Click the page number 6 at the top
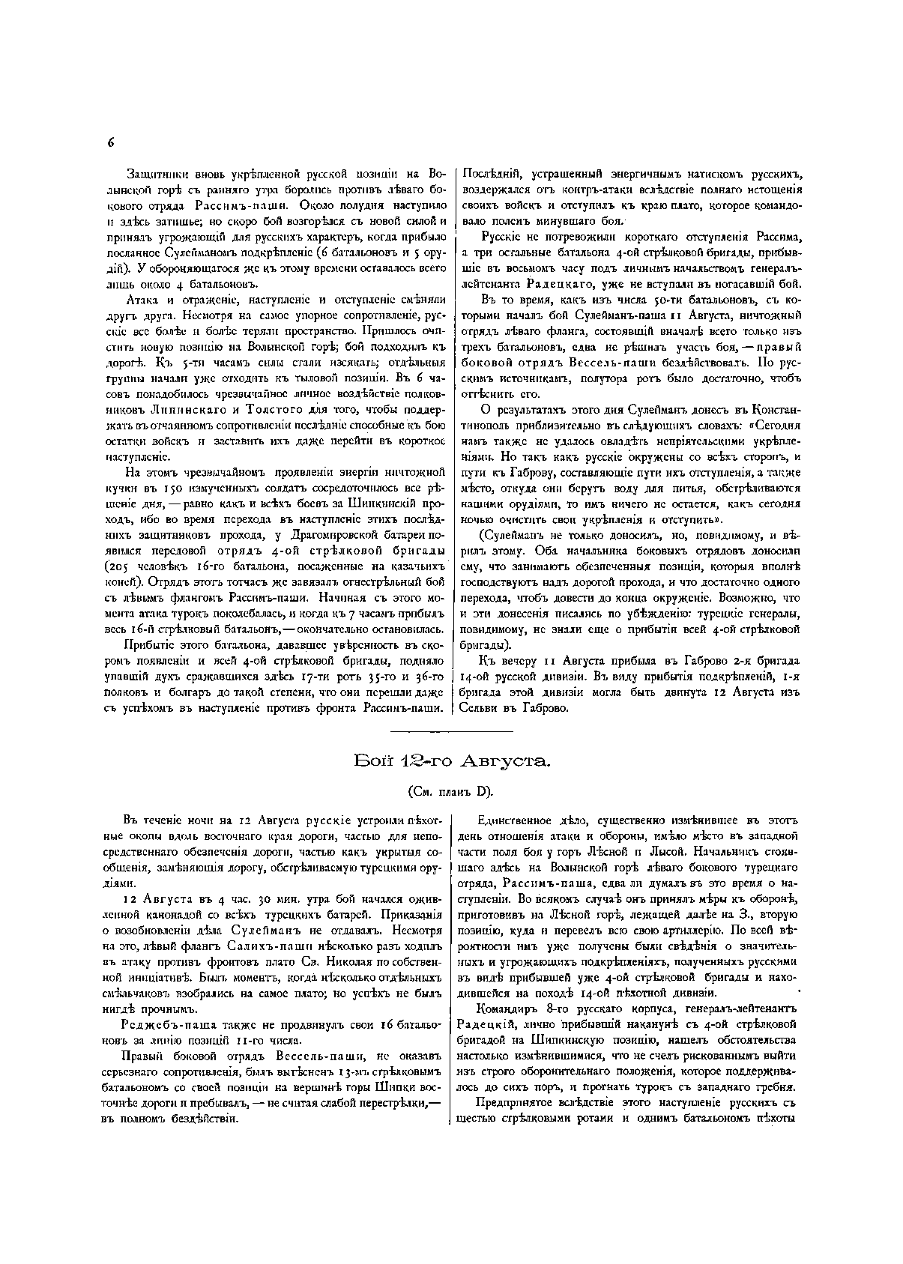[110, 142]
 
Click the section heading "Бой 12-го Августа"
[452, 762]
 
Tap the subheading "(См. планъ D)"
[451, 790]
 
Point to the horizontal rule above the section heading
[452, 731]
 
